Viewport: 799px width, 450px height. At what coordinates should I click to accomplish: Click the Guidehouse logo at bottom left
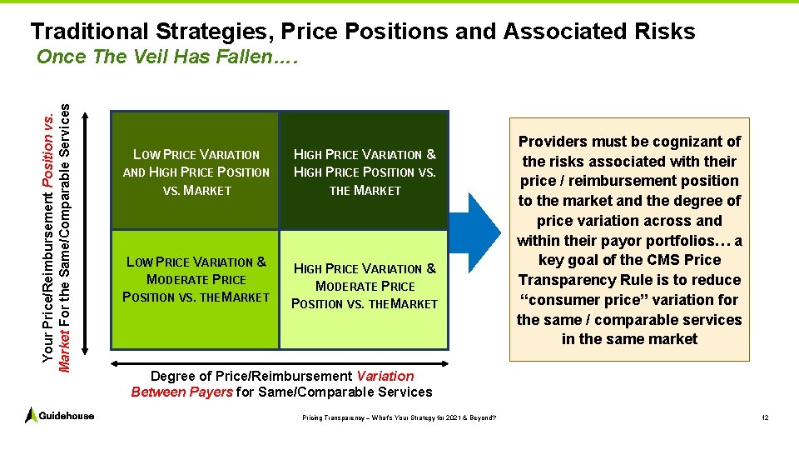pyautogui.click(x=59, y=415)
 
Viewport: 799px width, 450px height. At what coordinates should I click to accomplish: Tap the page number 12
pyautogui.click(x=764, y=417)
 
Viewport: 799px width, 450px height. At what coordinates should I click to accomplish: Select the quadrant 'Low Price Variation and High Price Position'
pyautogui.click(x=196, y=172)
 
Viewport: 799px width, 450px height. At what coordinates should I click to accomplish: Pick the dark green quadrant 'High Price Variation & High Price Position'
pyautogui.click(x=365, y=172)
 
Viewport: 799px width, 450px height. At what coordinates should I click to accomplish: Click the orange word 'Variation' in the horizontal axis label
pyautogui.click(x=384, y=376)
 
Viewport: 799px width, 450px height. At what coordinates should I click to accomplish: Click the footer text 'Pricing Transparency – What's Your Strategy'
pyautogui.click(x=399, y=417)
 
